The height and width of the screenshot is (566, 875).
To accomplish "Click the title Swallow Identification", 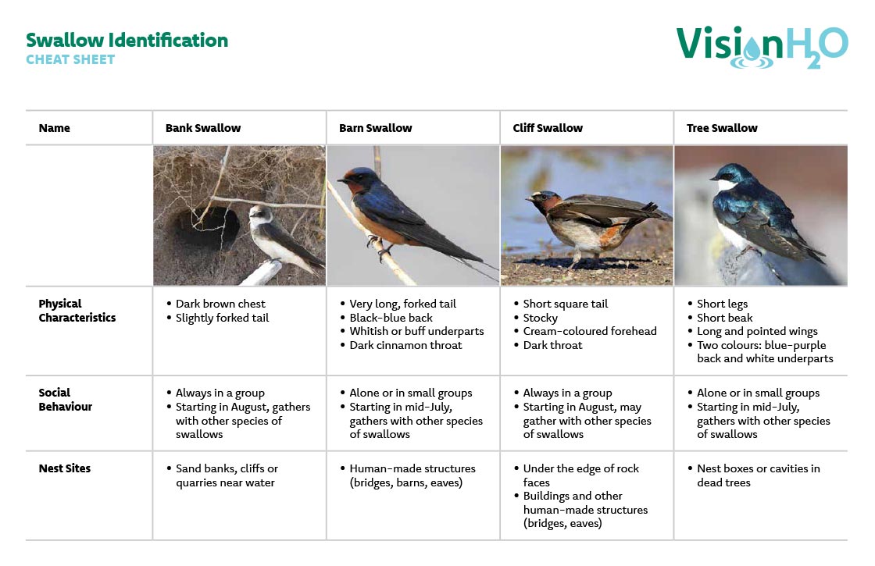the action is coord(127,40).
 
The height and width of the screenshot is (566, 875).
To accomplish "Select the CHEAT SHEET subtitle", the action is coord(70,59).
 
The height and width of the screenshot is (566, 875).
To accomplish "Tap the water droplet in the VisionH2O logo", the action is coord(752,48).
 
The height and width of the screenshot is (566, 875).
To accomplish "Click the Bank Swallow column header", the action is coord(203,128).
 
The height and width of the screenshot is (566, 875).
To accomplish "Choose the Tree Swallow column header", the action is coord(722,128).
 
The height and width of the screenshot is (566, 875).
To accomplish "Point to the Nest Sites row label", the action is coord(65,468).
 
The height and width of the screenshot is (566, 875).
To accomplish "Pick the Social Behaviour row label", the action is coord(66,399).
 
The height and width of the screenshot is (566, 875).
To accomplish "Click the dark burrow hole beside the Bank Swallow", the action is coord(208,227).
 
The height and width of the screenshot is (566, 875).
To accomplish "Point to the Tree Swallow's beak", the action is coord(713,179).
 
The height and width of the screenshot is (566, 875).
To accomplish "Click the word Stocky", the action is coord(540,318).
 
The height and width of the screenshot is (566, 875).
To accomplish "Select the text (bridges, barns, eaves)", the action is coord(405,483).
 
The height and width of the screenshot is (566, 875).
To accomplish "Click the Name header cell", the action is coord(54,128).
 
